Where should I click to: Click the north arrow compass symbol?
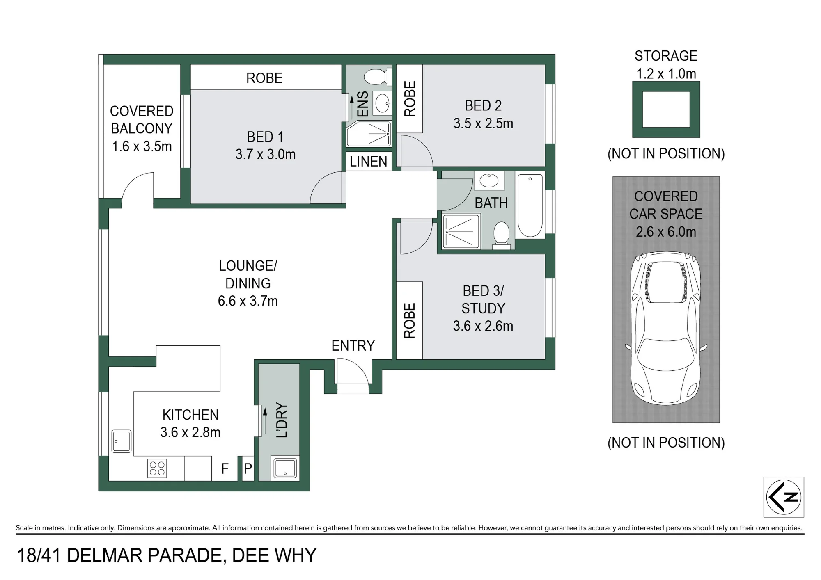click(784, 497)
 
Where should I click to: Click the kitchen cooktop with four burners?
click(157, 468)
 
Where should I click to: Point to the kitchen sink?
click(122, 441)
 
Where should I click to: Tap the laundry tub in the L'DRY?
click(285, 468)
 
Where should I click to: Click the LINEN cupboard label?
click(369, 162)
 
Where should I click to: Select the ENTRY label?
click(353, 346)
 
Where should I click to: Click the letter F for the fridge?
click(225, 468)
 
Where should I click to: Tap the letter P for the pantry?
click(248, 468)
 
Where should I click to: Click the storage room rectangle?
click(666, 110)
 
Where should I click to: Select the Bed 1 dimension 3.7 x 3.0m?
click(265, 155)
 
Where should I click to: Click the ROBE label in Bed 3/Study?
click(410, 321)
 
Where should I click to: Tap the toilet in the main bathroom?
click(501, 235)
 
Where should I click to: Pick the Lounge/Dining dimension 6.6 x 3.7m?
click(248, 301)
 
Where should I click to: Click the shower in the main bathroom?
click(461, 232)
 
